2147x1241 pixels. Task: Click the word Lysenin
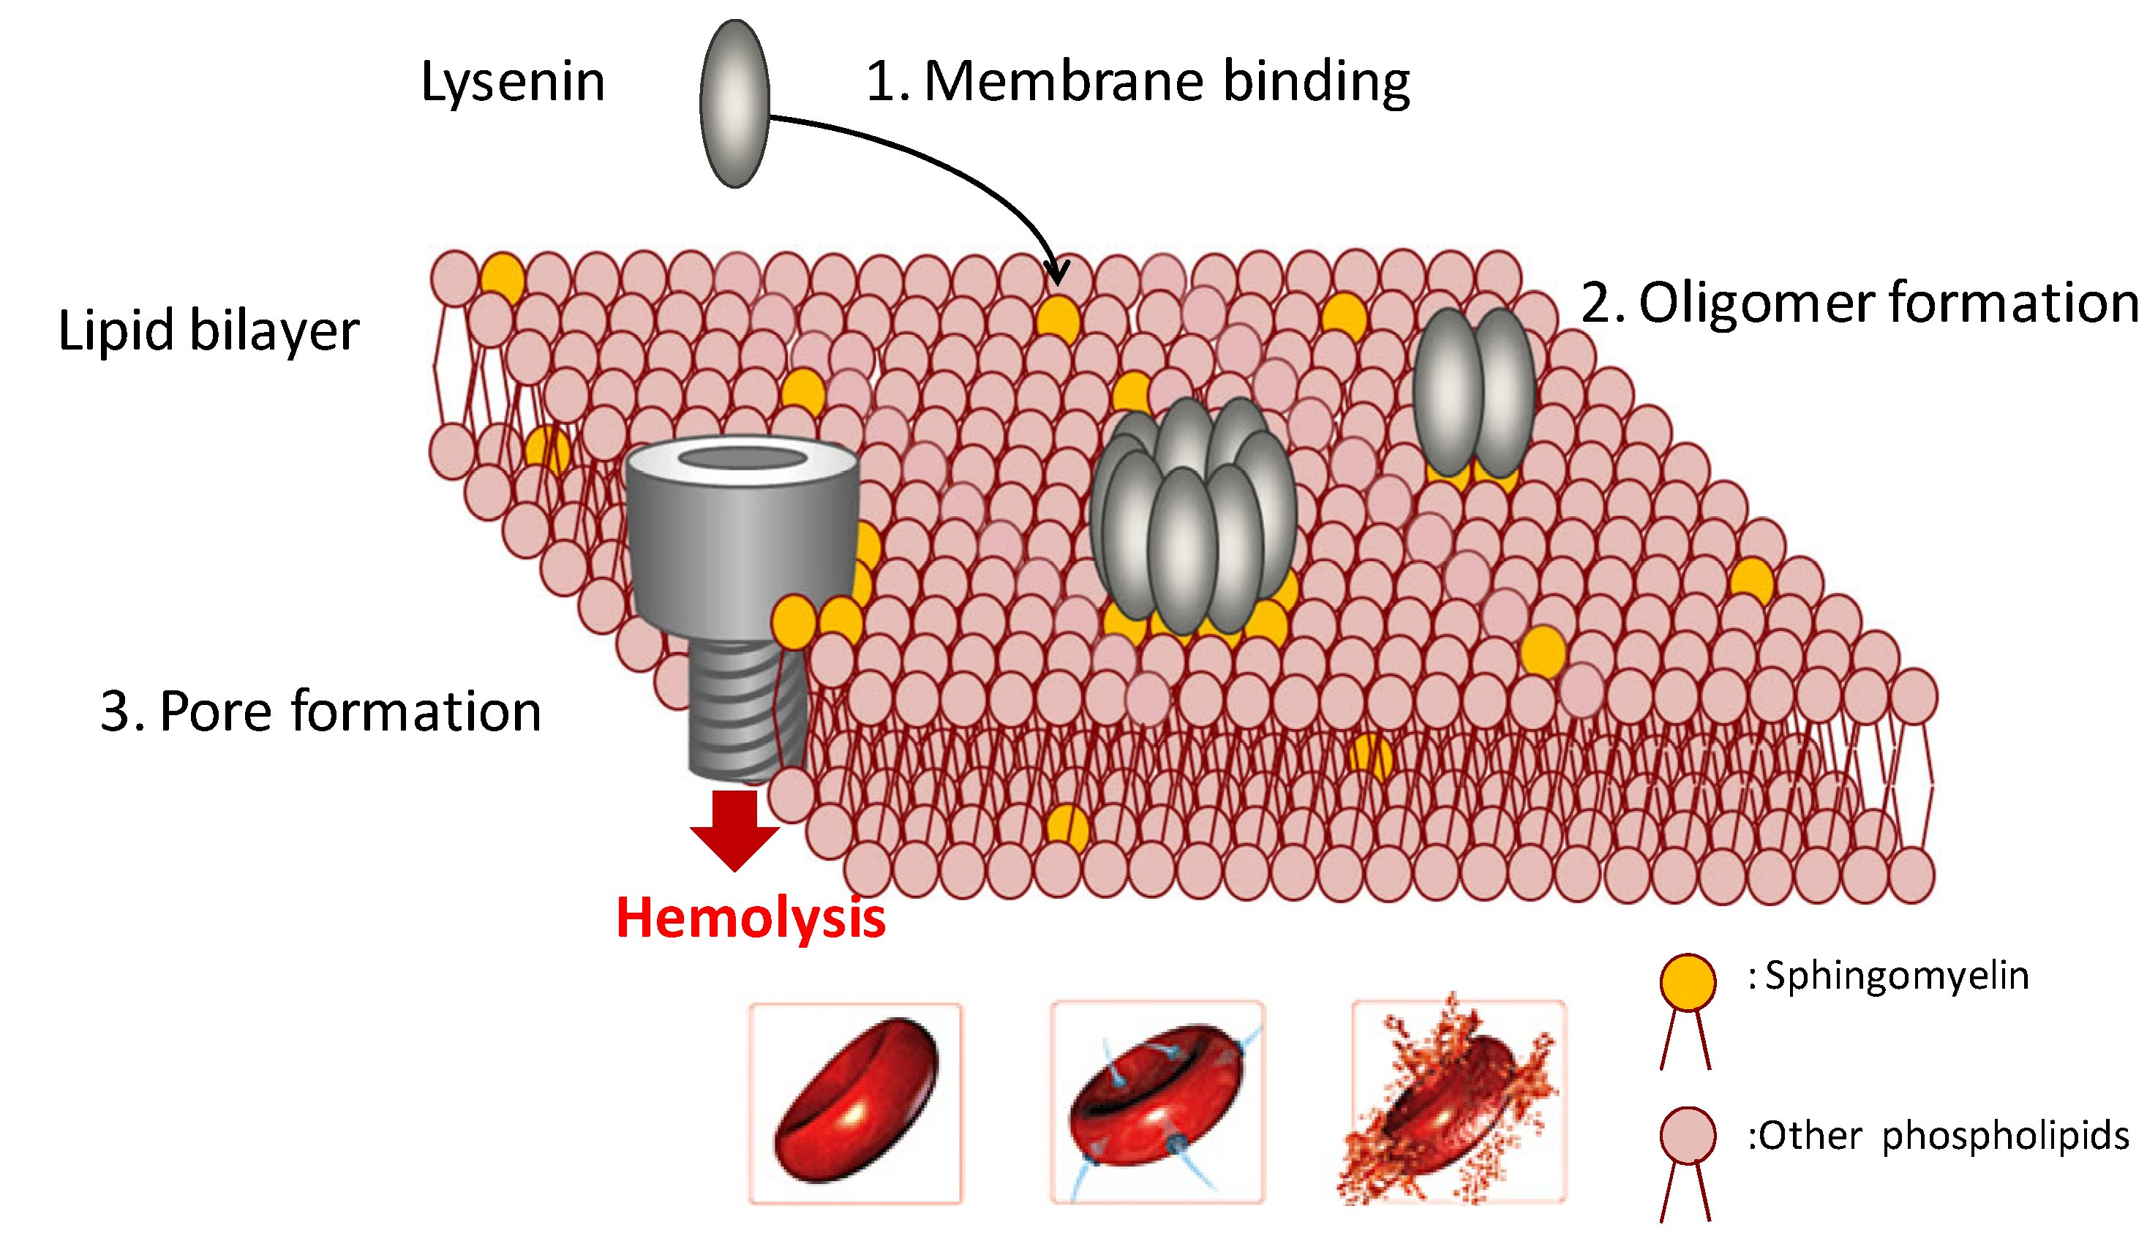513,83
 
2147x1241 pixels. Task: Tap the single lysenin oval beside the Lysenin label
734,103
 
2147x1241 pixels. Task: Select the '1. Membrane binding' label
1138,83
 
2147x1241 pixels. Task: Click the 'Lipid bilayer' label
208,331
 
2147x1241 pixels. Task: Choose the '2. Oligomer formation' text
1857,303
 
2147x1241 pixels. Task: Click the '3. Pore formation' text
320,712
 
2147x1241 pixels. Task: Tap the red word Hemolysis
751,919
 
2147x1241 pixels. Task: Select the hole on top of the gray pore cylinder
742,459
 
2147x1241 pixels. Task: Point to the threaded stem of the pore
743,712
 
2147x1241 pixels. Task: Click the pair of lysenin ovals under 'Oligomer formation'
1474,393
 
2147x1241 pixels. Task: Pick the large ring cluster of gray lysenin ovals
1193,519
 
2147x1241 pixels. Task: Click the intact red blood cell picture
855,1103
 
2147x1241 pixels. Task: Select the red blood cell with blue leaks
1157,1103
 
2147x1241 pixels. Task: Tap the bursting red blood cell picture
1458,1103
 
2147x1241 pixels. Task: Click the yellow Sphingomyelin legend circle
1687,982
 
